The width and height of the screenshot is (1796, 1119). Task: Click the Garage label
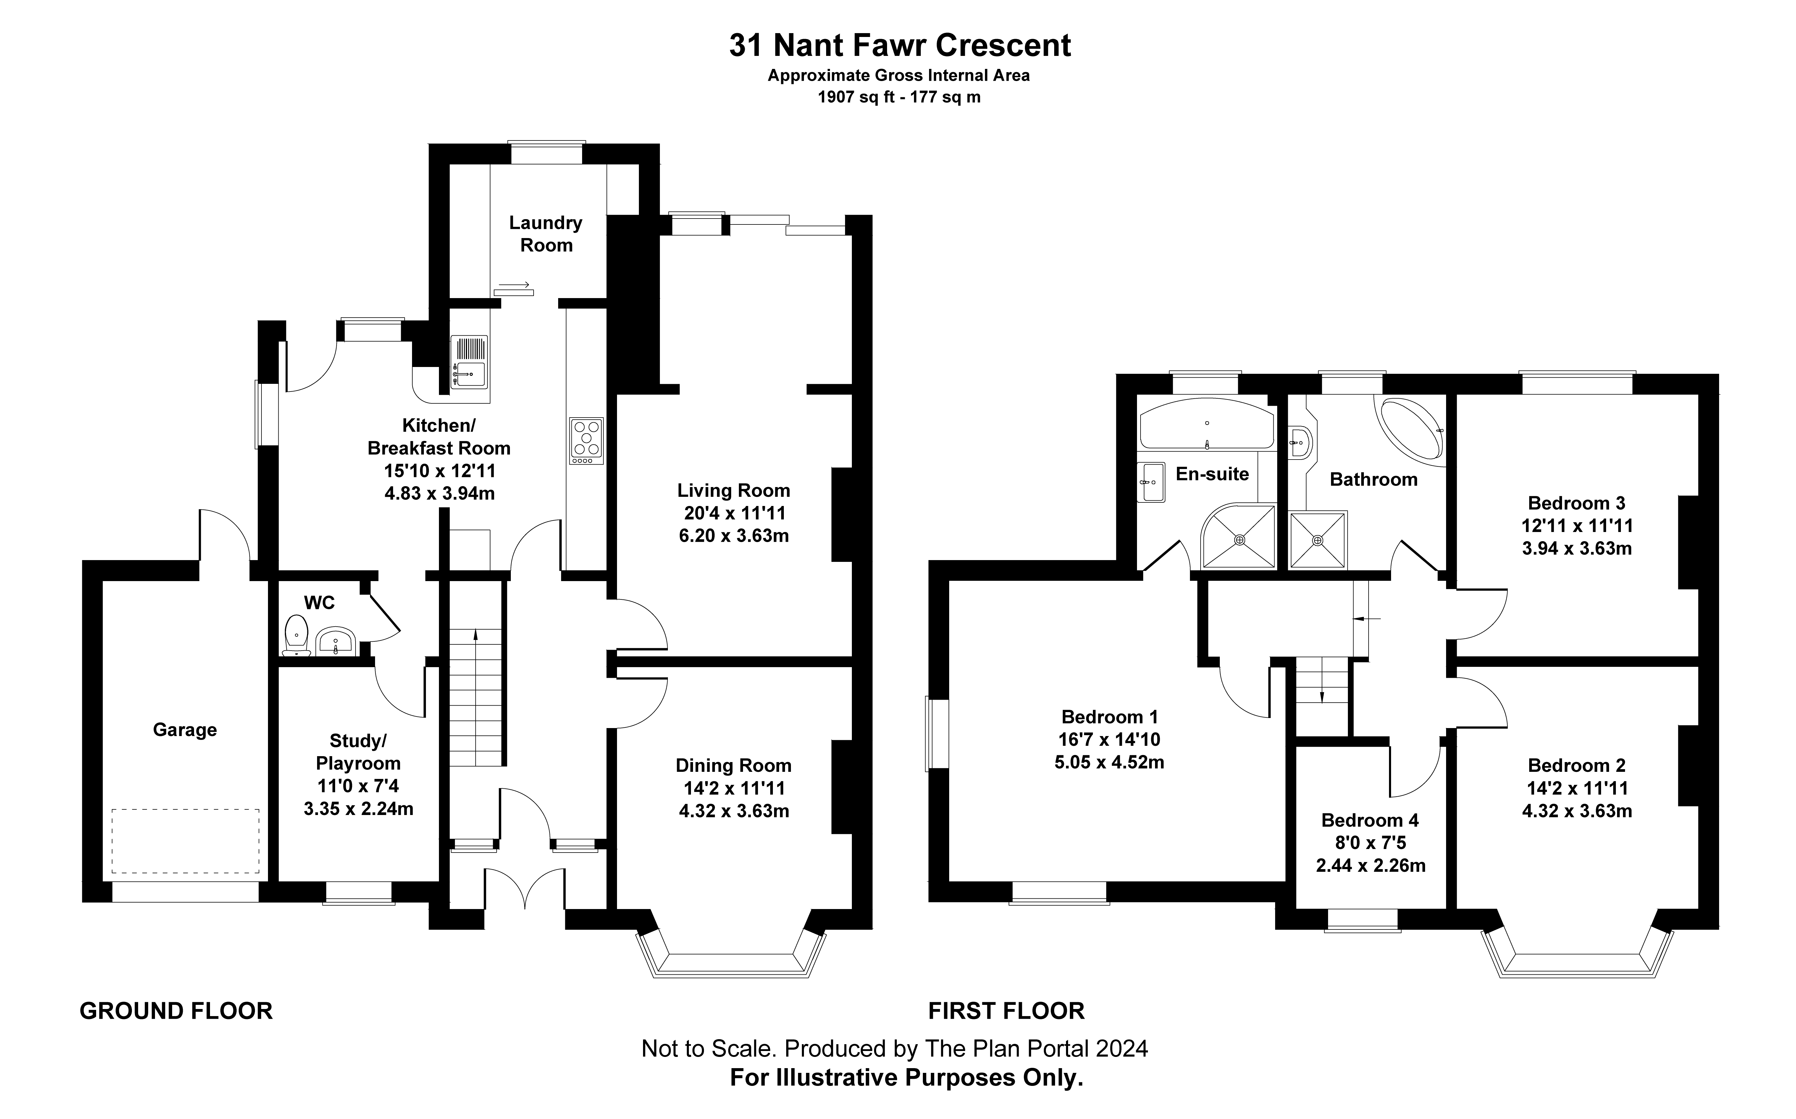185,730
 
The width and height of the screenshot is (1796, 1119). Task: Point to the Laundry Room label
546,234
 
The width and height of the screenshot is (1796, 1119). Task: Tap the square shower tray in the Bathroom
1317,540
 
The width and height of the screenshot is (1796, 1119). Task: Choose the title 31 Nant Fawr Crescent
900,45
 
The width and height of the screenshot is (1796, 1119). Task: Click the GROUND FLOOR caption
176,1011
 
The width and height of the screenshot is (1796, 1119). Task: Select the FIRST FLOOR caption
1007,1011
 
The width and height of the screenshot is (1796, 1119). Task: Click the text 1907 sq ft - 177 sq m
899,97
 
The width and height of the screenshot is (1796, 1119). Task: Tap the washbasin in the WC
337,641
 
